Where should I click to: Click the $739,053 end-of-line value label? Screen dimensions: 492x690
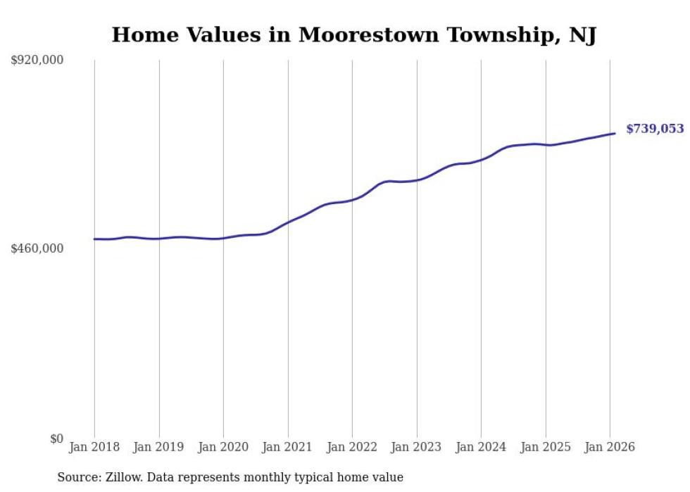654,129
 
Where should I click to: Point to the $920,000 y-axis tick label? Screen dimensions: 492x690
37,61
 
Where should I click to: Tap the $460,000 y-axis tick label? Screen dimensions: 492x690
37,248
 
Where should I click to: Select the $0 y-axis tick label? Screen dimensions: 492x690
56,439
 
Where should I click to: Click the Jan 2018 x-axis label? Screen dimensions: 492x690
94,448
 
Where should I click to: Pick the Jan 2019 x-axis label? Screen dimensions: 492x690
159,448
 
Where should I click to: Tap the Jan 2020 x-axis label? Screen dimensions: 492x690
223,448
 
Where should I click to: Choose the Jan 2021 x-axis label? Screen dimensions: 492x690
288,448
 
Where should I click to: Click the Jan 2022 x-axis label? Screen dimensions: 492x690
352,448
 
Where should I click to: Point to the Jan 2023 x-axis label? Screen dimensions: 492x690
417,448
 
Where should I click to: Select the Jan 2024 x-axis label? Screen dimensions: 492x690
481,448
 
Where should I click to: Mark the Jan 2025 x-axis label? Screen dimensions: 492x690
546,448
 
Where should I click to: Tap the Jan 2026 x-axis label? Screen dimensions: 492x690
610,448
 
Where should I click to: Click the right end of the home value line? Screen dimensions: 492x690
615,133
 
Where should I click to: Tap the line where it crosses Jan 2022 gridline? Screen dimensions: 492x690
352,200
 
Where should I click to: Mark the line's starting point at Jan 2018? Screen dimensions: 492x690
94,239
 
